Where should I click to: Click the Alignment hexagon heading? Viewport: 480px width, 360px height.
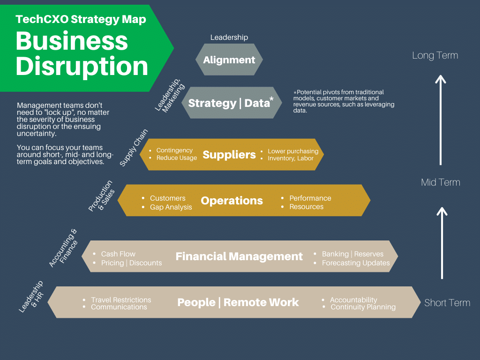[x=229, y=60]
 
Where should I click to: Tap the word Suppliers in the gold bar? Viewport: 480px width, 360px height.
[x=229, y=155]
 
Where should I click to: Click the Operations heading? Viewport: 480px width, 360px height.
[x=232, y=201]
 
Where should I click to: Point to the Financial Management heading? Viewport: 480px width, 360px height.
[x=239, y=256]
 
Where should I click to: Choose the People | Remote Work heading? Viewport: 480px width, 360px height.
[x=238, y=302]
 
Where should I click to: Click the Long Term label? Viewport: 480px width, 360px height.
[x=435, y=55]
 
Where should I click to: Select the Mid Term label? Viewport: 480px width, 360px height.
[x=440, y=182]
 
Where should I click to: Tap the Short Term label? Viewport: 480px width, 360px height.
[x=447, y=303]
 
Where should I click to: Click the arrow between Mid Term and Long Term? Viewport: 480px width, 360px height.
[x=440, y=120]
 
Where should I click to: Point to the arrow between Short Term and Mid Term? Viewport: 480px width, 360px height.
[x=441, y=244]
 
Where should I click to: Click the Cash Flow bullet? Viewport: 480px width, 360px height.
[x=118, y=254]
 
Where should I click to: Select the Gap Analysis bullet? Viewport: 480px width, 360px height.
[x=171, y=207]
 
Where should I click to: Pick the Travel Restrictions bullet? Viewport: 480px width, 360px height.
[x=121, y=300]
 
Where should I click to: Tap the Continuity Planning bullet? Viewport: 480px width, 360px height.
[x=363, y=307]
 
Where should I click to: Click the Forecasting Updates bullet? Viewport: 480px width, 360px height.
[x=355, y=263]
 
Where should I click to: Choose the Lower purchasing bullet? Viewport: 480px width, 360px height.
[x=293, y=151]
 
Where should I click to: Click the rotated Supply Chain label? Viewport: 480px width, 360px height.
[x=134, y=147]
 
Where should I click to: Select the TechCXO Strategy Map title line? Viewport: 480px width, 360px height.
[x=81, y=19]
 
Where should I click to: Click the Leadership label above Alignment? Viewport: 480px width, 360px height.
[x=229, y=37]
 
